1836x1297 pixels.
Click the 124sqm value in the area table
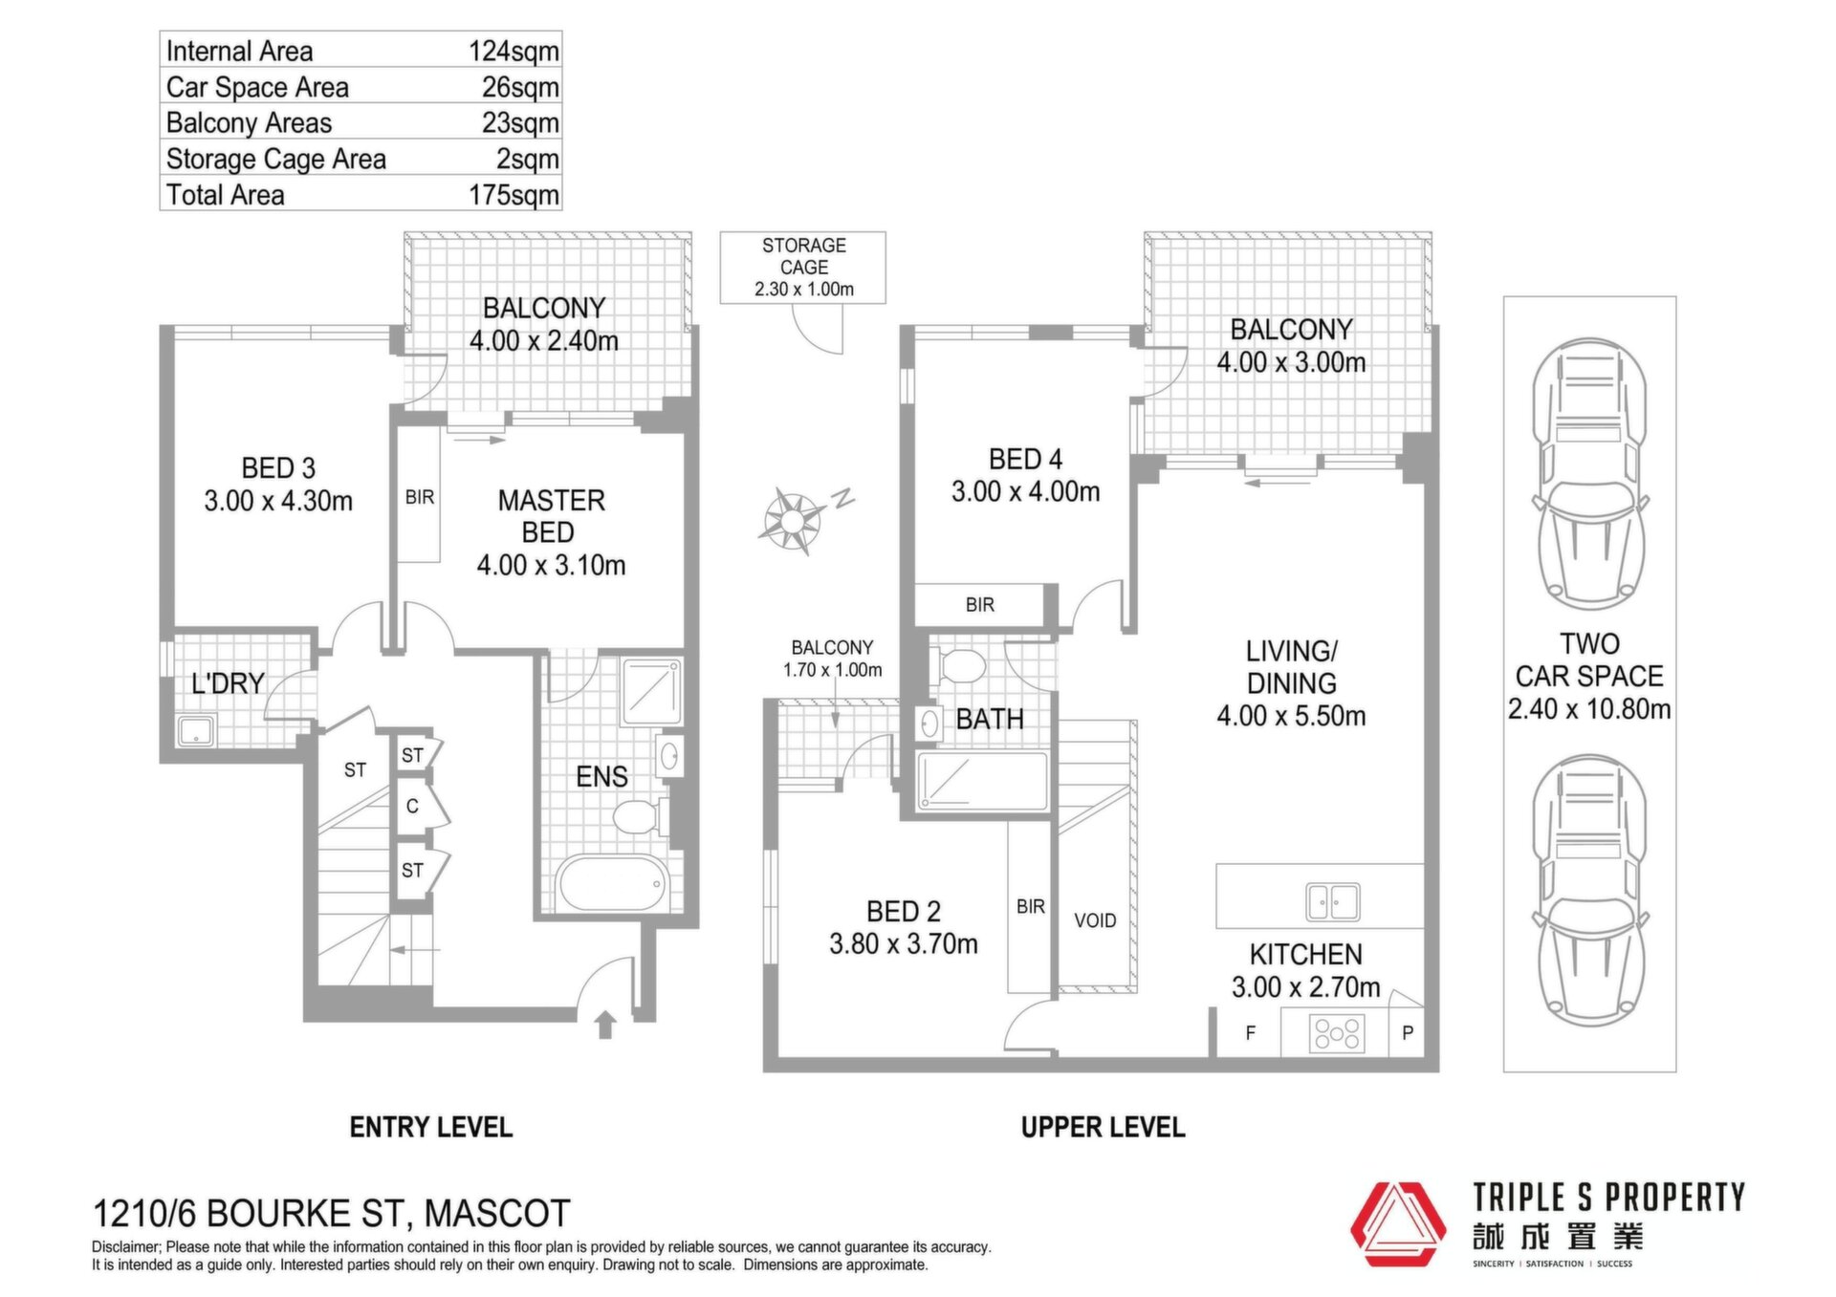coord(514,51)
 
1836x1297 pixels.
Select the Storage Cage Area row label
coord(275,159)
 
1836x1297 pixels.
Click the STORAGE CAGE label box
coord(803,268)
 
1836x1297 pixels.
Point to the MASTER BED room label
coord(551,516)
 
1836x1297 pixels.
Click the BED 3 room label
coord(278,468)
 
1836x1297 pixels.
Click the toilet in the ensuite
coord(636,817)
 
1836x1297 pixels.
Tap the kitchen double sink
coord(1333,900)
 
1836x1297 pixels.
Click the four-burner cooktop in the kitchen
coord(1336,1033)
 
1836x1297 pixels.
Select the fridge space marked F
coord(1250,1033)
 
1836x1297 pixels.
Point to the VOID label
coord(1095,920)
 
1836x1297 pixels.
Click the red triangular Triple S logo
coord(1398,1224)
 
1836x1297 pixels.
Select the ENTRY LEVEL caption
coord(431,1128)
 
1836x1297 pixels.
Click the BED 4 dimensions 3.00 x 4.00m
coord(1025,492)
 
